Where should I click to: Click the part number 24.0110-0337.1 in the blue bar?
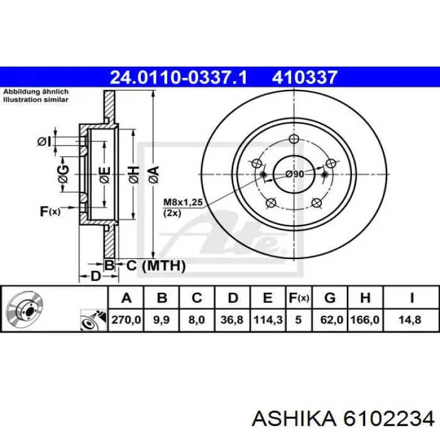[179, 77]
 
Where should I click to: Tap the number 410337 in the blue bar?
[304, 77]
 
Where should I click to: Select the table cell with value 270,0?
[126, 320]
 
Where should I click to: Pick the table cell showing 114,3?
[268, 320]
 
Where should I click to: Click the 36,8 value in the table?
[233, 320]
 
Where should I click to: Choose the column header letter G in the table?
[330, 298]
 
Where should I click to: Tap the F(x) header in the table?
[299, 298]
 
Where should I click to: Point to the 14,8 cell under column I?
[411, 320]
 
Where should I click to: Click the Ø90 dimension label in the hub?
[295, 174]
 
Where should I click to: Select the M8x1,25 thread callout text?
[183, 202]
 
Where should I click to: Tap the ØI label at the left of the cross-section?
[45, 142]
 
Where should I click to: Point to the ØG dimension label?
[63, 174]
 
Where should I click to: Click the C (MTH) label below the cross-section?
[156, 265]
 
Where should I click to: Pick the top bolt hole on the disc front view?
[294, 138]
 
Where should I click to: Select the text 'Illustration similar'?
[36, 99]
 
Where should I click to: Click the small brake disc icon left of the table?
[25, 308]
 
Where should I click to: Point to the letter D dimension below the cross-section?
[96, 276]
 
